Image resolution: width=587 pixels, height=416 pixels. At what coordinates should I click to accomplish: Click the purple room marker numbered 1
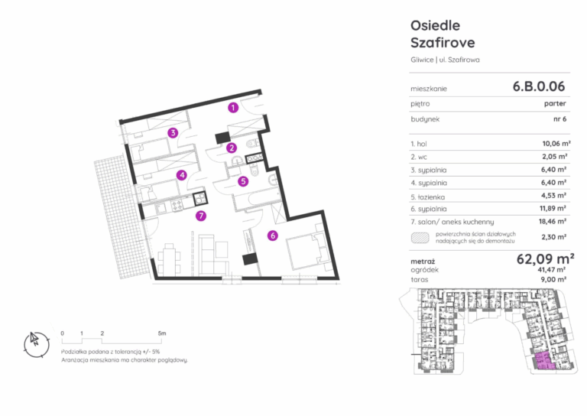coord(233,108)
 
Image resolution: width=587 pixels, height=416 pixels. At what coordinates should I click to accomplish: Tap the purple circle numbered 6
coord(273,236)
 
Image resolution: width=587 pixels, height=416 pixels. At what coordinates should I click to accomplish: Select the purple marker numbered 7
coord(201,216)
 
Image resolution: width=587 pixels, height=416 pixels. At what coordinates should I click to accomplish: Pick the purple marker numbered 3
coord(173,132)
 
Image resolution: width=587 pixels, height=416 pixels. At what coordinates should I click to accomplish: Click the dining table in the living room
coord(169,259)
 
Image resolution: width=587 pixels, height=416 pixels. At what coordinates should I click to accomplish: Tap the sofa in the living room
coord(212,255)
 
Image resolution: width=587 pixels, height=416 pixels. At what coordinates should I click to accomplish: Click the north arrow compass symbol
coord(37,344)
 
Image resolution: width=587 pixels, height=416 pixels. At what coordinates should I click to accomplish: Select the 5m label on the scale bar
coord(162,333)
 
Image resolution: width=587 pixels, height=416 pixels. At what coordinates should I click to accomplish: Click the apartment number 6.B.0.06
coord(538,86)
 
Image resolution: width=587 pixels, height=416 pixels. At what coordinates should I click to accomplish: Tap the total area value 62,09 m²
coord(545,258)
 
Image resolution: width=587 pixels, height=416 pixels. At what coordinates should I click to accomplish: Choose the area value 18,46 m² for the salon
coord(552,221)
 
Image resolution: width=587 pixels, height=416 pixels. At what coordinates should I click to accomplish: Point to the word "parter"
coord(555,104)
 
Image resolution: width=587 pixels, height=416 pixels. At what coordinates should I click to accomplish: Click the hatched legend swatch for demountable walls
coord(420,238)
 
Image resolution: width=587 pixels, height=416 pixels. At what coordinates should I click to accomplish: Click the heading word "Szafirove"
coord(443,43)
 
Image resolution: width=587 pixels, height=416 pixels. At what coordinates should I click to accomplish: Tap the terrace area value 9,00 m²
coord(553,279)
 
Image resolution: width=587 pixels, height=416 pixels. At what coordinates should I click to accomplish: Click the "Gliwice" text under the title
coord(422,60)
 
